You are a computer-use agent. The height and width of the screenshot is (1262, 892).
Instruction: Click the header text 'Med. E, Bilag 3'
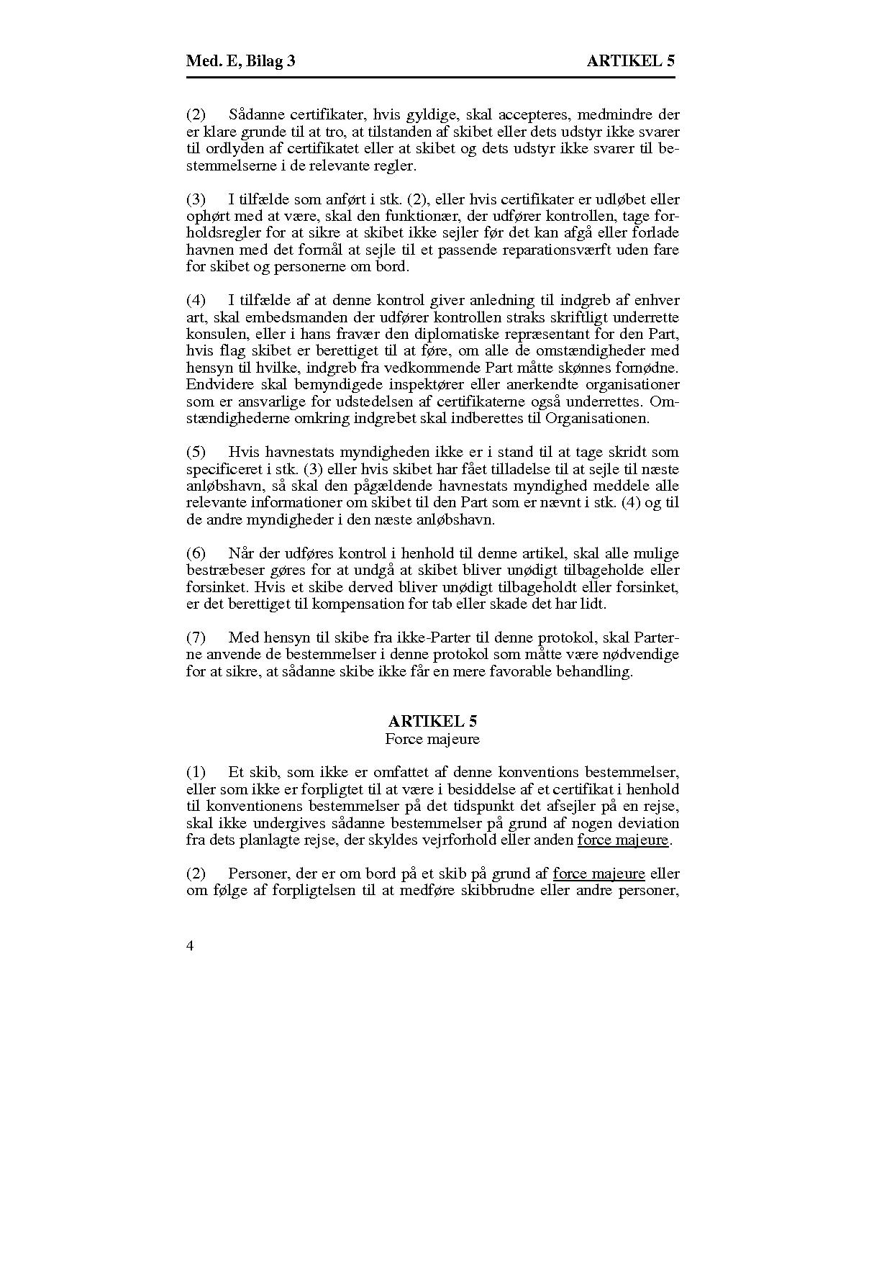coord(240,61)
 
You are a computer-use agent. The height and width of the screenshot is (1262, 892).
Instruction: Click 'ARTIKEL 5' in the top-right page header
coord(631,61)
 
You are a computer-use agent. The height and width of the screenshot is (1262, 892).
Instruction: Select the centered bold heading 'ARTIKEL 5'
coord(432,721)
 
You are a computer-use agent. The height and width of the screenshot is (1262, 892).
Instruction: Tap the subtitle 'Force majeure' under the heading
coord(432,739)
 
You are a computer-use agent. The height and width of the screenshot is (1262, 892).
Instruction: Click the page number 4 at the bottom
coord(190,946)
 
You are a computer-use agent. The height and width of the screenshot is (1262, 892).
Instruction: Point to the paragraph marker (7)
coord(196,637)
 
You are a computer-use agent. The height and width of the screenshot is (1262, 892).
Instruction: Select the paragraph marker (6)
coord(196,553)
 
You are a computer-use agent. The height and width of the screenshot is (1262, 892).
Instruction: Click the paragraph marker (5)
coord(196,452)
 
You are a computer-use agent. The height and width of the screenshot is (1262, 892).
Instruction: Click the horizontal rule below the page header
coord(430,77)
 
